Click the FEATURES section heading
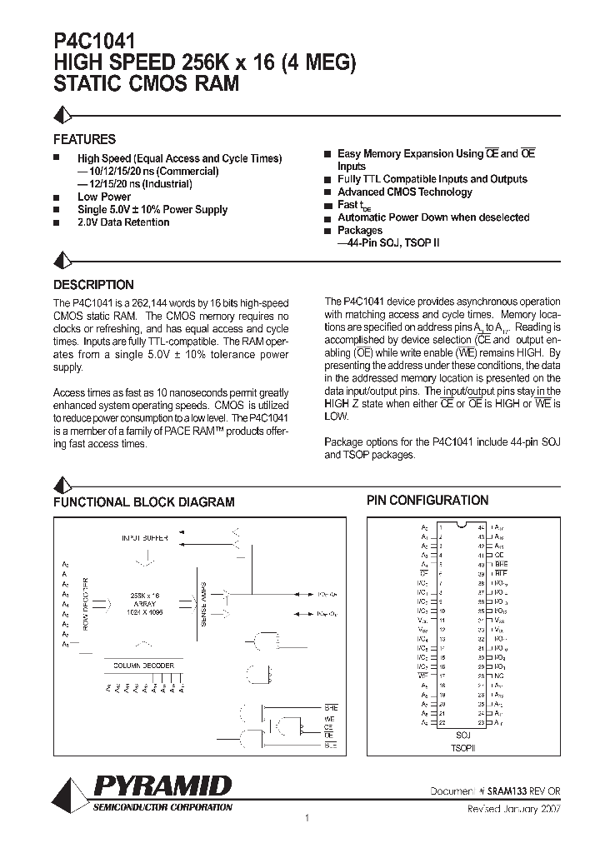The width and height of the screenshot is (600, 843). click(84, 140)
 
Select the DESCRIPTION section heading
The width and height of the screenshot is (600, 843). click(93, 284)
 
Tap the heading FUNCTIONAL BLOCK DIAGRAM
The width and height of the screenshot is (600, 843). click(143, 502)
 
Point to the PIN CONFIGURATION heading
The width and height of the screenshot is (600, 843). click(427, 501)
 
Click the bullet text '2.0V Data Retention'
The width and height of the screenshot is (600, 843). click(123, 223)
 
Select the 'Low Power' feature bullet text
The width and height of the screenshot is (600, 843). click(104, 197)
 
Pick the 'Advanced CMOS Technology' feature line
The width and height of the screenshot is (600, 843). click(404, 192)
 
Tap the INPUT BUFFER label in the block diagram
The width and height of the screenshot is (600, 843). click(145, 539)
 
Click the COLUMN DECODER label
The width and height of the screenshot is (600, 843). click(144, 665)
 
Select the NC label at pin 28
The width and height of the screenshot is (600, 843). click(497, 676)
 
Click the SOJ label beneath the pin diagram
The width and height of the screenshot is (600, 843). click(463, 736)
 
